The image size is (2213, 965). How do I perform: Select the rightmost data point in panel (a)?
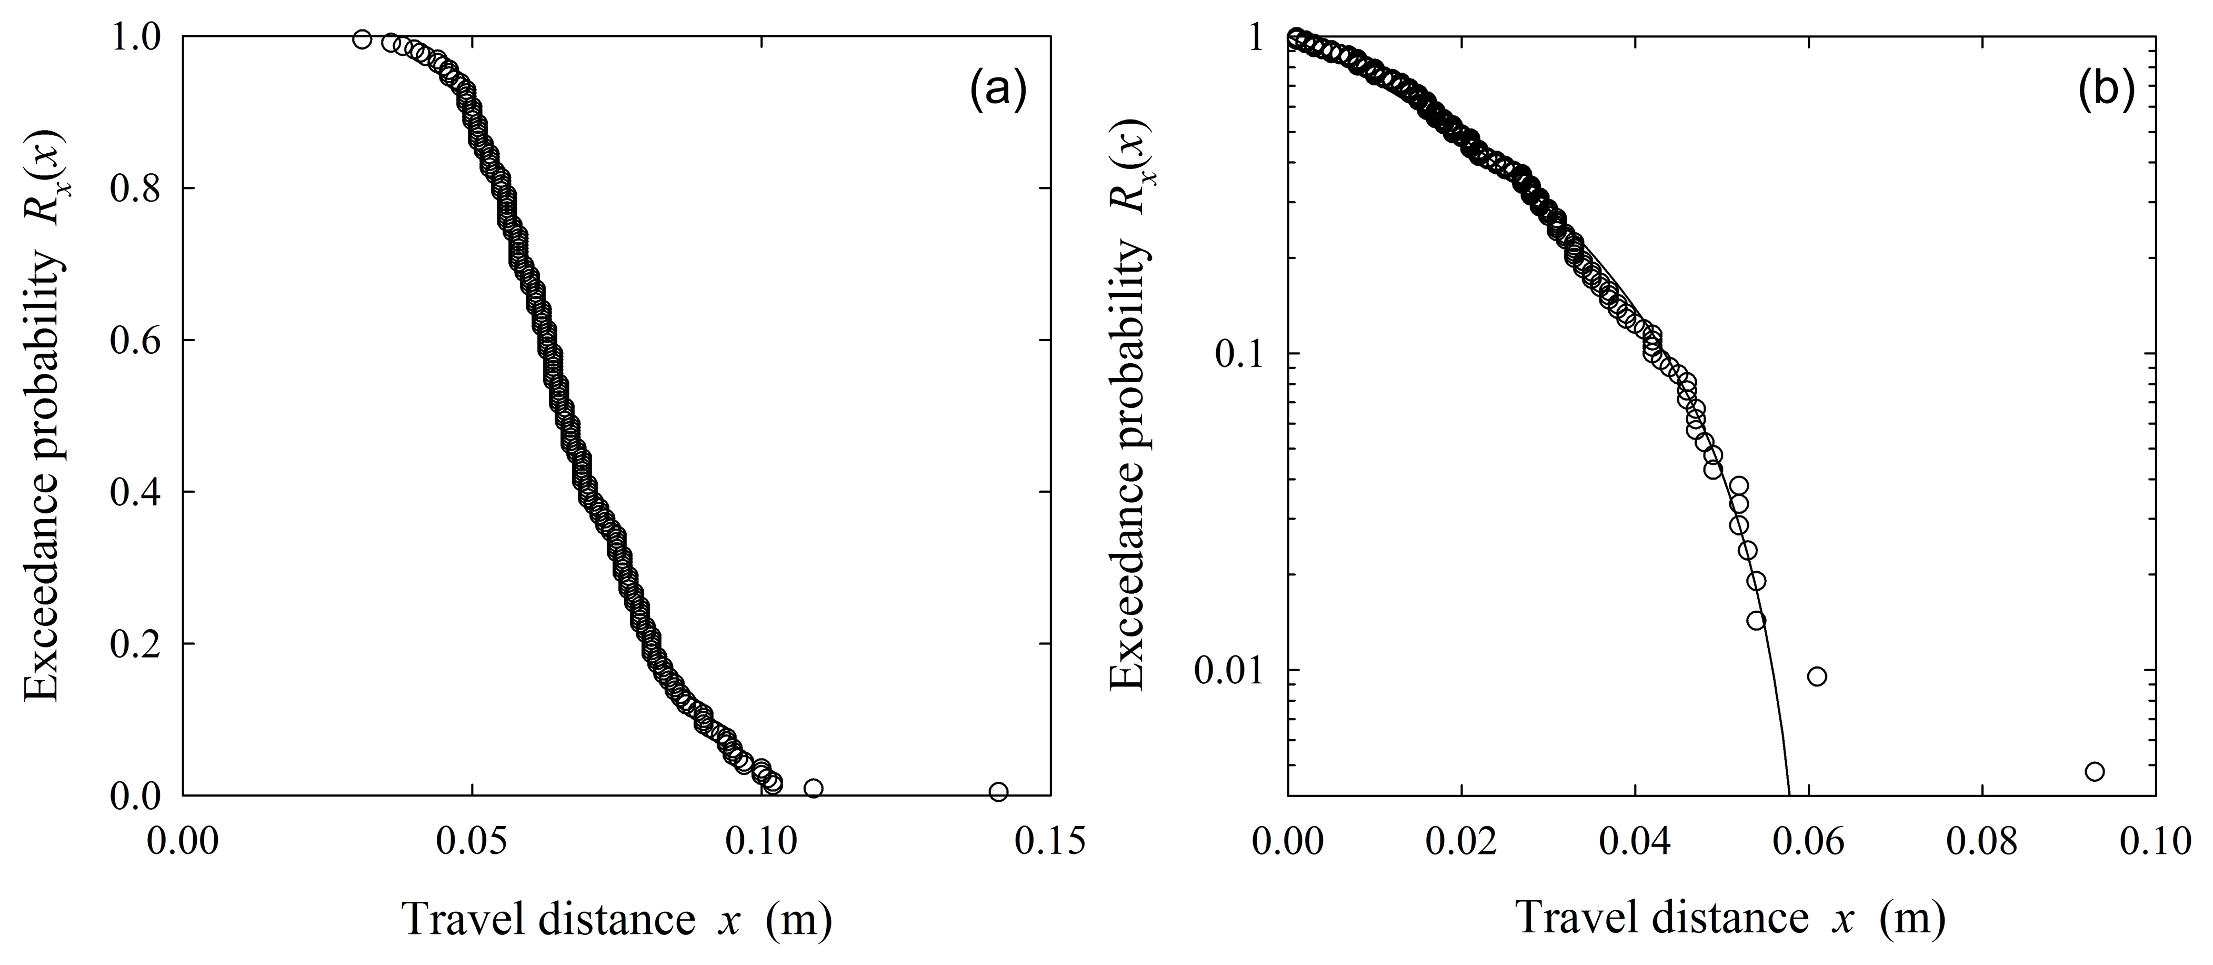[998, 791]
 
